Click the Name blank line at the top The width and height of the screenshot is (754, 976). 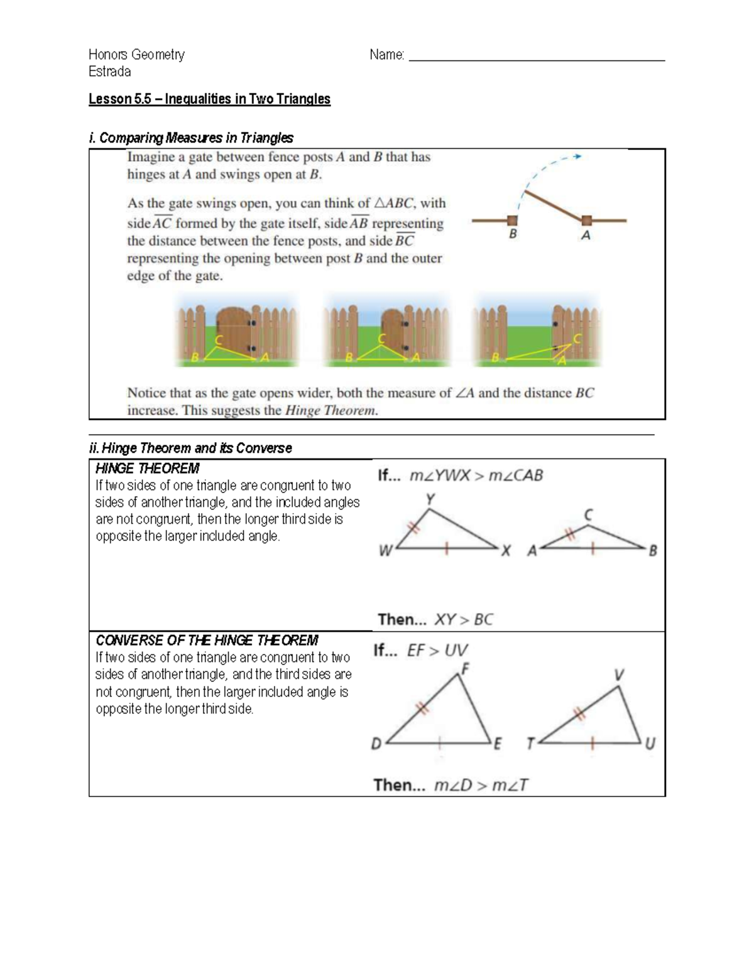pyautogui.click(x=537, y=60)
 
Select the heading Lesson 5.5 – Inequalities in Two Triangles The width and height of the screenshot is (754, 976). pyautogui.click(x=209, y=99)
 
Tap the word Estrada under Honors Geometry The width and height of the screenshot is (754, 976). pyautogui.click(x=110, y=72)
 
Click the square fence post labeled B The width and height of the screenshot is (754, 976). pyautogui.click(x=513, y=220)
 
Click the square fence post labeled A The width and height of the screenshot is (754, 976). pyautogui.click(x=586, y=220)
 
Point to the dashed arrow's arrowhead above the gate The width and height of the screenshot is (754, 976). pyautogui.click(x=578, y=156)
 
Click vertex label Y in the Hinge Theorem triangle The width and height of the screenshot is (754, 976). pyautogui.click(x=430, y=499)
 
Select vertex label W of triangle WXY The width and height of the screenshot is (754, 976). pyautogui.click(x=385, y=551)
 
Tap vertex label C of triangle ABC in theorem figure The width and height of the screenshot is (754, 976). pyautogui.click(x=588, y=515)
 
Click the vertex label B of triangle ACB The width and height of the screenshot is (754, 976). pyautogui.click(x=653, y=551)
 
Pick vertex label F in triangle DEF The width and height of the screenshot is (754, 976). pyautogui.click(x=465, y=669)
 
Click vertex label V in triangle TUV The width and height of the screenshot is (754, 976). pyautogui.click(x=619, y=675)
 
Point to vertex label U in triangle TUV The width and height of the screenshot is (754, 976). pyautogui.click(x=650, y=744)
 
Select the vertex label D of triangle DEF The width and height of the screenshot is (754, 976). pyautogui.click(x=376, y=744)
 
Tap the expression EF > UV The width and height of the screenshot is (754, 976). pyautogui.click(x=437, y=651)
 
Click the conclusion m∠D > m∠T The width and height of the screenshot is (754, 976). pyautogui.click(x=481, y=785)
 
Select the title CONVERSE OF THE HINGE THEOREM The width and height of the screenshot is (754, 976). pyautogui.click(x=207, y=641)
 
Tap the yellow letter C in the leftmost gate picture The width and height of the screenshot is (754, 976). pyautogui.click(x=219, y=340)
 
